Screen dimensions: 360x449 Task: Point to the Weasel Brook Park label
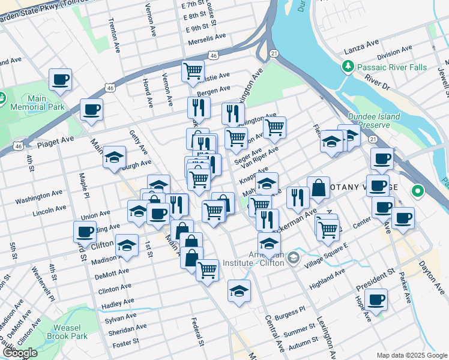(71, 331)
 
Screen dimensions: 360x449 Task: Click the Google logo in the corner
(20, 353)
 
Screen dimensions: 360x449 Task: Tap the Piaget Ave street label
(55, 139)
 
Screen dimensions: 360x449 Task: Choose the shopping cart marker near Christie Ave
(193, 71)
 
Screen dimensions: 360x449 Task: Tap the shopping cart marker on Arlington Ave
(274, 127)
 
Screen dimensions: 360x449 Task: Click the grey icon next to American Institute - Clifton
(293, 258)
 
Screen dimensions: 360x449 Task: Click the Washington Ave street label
(39, 196)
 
